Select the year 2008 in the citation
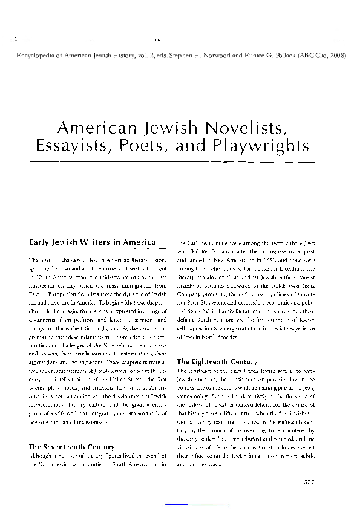tap(338, 55)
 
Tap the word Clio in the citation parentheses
tap(318, 55)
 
